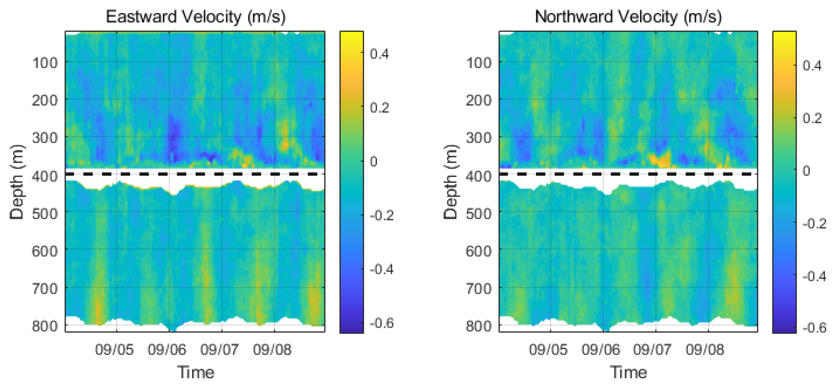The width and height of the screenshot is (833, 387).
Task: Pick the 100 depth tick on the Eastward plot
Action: (45, 63)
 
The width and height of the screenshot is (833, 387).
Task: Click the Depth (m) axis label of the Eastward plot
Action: (17, 182)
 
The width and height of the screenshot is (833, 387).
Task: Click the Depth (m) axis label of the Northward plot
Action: (450, 182)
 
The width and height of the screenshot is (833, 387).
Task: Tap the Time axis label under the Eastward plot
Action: (196, 372)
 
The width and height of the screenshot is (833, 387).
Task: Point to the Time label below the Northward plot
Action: (628, 372)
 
